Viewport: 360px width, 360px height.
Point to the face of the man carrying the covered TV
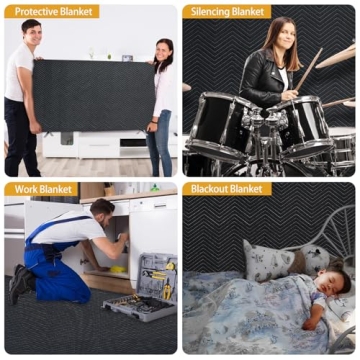(x=30, y=33)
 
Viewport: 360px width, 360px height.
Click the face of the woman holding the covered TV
(x=163, y=50)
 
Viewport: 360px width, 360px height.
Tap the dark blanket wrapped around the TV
(x=95, y=95)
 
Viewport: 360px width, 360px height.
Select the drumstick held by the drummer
(x=308, y=70)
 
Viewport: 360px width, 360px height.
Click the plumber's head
(x=101, y=209)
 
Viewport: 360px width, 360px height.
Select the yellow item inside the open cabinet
(x=119, y=269)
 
